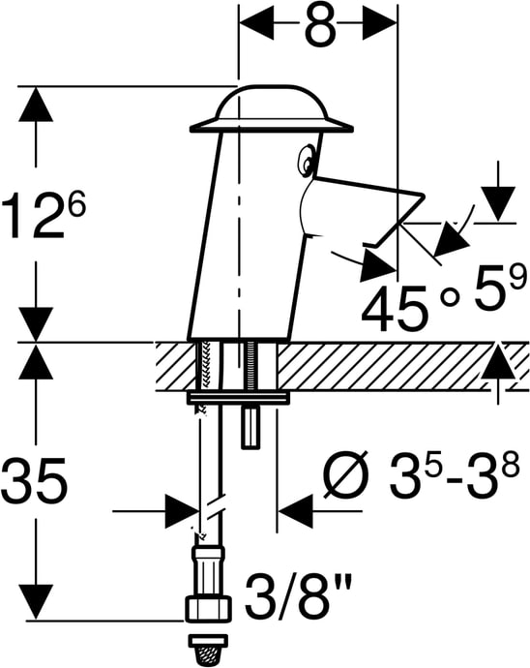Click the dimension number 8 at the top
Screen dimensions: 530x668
pos(321,25)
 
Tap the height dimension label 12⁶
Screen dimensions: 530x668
pos(44,215)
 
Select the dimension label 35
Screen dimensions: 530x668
pos(35,480)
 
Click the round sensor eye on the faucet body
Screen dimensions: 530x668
pos(306,160)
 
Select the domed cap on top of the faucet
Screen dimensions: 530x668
pos(272,109)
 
